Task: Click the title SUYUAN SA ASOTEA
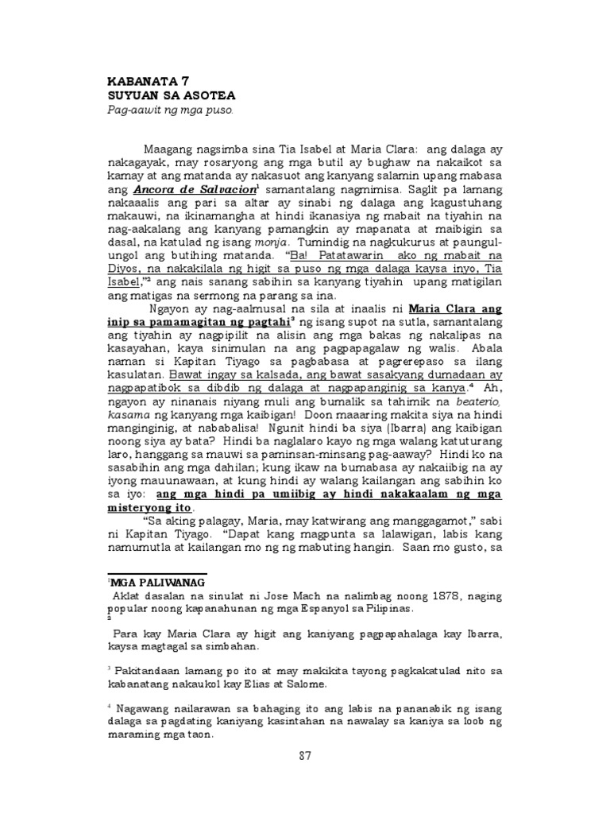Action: pos(163,94)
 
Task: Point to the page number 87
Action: pos(305,756)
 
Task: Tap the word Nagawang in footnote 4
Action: pos(142,708)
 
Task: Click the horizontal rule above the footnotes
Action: pos(157,573)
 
